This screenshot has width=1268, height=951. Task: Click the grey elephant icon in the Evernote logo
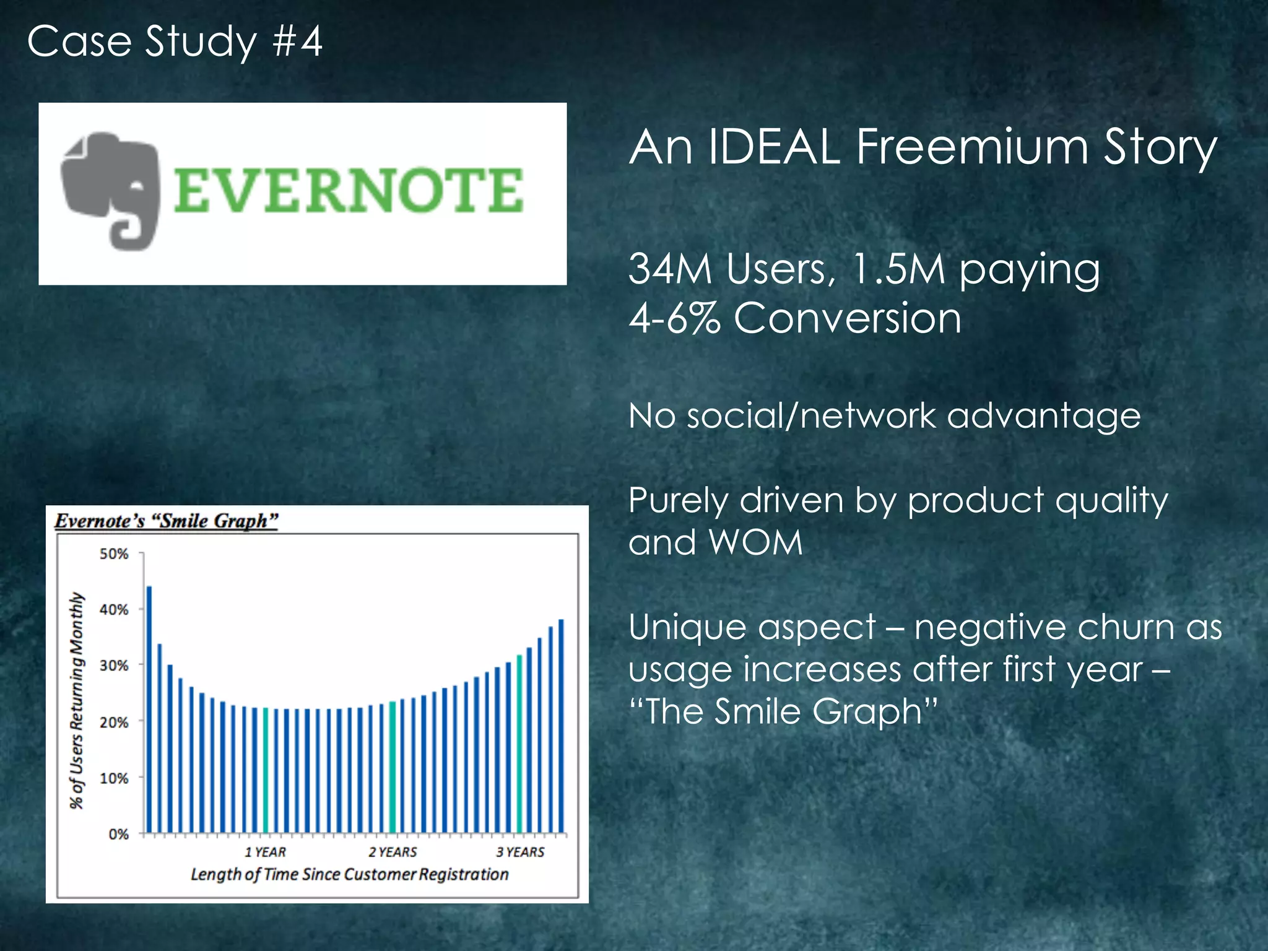(x=110, y=189)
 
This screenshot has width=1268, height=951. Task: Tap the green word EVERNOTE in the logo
(x=348, y=190)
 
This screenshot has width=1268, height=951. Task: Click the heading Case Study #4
(x=175, y=41)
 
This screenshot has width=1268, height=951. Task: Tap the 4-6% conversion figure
(x=674, y=318)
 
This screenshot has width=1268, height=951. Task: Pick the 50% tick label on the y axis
(x=114, y=554)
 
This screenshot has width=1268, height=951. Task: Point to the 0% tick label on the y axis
(x=118, y=834)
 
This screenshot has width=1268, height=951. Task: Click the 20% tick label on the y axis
(x=114, y=722)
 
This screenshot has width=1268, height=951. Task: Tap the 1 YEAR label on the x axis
(x=265, y=852)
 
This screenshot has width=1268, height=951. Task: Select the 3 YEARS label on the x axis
(x=520, y=852)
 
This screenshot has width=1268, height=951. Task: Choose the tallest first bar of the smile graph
(x=149, y=709)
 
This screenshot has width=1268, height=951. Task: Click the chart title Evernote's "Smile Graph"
(x=167, y=521)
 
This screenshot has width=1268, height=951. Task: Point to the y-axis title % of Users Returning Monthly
(x=76, y=700)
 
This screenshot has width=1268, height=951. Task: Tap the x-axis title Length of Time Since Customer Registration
(x=349, y=874)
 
